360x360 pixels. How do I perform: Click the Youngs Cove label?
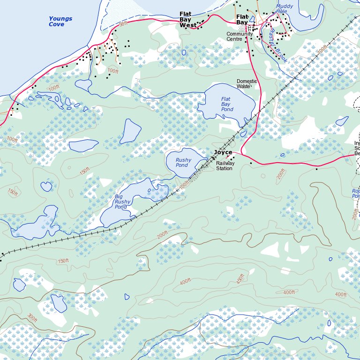click(60, 22)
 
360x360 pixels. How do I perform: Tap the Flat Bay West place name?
click(191, 20)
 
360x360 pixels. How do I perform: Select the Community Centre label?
click(240, 37)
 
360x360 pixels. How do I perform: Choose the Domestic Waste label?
click(247, 84)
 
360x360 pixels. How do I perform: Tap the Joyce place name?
click(223, 152)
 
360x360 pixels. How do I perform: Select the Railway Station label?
click(224, 166)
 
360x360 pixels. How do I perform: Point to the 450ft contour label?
click(240, 279)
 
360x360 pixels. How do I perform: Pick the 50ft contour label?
click(123, 24)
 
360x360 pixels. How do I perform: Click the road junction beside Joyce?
click(242, 153)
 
